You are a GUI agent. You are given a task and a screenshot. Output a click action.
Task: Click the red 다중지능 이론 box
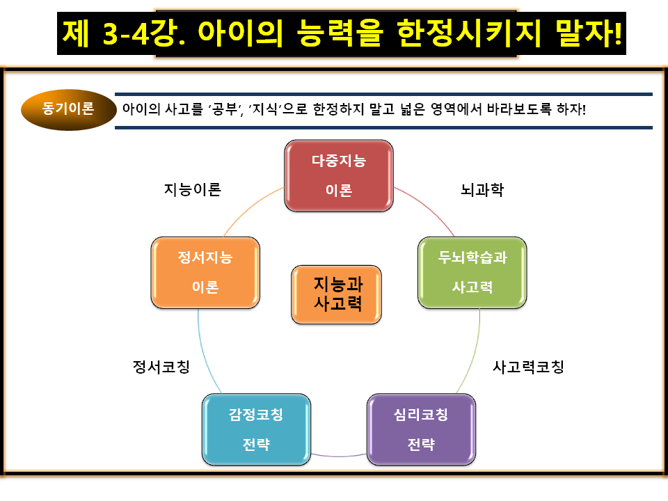click(339, 175)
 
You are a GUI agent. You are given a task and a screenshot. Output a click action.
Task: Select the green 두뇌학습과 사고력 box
click(472, 272)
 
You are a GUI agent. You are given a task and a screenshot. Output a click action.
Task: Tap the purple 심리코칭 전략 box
click(421, 429)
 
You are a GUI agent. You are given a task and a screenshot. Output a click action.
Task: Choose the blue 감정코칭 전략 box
click(256, 429)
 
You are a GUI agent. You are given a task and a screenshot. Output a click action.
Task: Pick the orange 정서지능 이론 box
click(205, 272)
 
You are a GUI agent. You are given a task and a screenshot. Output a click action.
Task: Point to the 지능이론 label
click(193, 190)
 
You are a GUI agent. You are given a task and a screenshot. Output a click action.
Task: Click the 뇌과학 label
click(482, 190)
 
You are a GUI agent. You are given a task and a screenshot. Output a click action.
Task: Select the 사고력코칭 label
click(528, 367)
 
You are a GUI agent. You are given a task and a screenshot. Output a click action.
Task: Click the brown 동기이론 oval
click(68, 109)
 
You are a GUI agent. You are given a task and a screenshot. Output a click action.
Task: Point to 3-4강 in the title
click(134, 32)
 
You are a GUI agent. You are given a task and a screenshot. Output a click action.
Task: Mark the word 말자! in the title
click(591, 32)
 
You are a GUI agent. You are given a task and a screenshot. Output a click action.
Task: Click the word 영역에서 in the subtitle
click(450, 109)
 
